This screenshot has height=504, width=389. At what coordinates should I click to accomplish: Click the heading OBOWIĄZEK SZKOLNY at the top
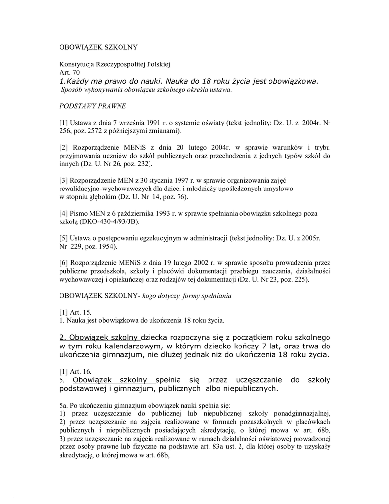point(98,48)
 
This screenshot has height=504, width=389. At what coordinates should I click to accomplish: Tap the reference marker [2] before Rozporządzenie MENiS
point(64,147)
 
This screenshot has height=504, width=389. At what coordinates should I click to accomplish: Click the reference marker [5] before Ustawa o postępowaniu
point(64,238)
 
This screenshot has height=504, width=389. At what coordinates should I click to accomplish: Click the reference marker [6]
point(64,263)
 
